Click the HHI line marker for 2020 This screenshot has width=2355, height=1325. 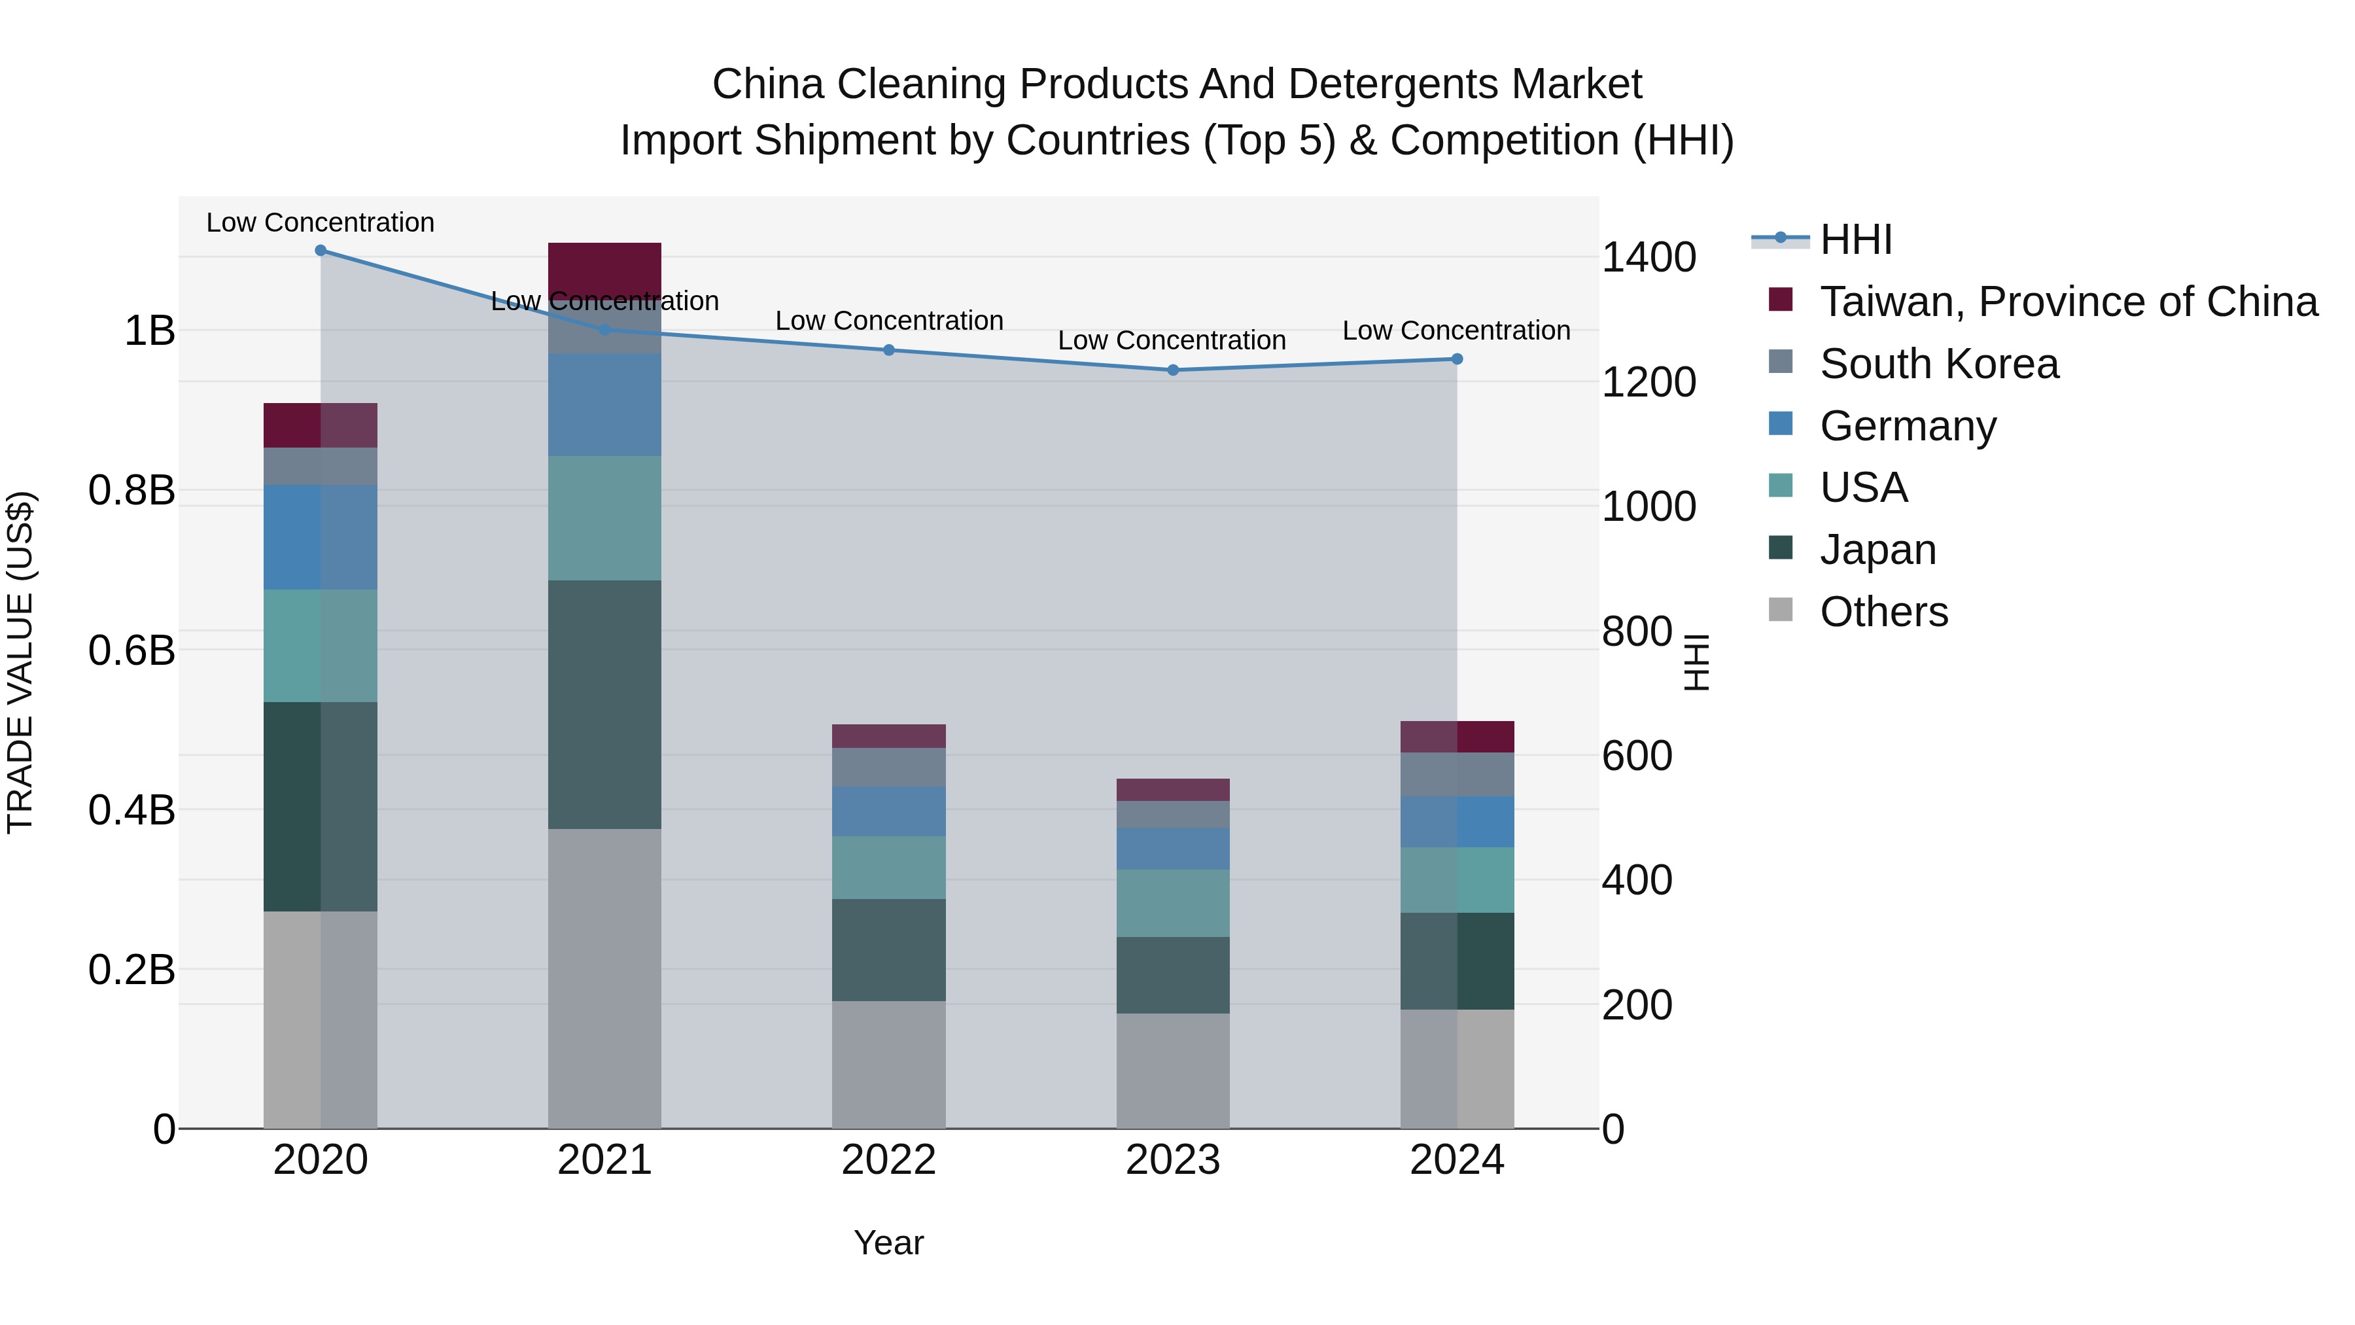320,251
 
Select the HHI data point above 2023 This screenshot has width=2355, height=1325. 1173,370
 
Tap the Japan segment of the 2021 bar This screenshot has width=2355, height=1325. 604,704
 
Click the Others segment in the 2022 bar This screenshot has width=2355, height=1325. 888,1065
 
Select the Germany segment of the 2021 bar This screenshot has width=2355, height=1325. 604,404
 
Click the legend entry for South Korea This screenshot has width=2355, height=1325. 1938,364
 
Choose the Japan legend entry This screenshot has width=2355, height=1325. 1877,550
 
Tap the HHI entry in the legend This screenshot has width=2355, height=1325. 1855,239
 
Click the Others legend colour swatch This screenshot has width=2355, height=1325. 1781,610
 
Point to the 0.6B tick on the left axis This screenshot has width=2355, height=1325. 131,650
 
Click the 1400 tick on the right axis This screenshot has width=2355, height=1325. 1648,258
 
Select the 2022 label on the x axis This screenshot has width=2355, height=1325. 888,1160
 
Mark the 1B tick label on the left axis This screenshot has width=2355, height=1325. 149,330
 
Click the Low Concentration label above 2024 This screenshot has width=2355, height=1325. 1456,330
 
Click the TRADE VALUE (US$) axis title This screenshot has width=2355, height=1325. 20,662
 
